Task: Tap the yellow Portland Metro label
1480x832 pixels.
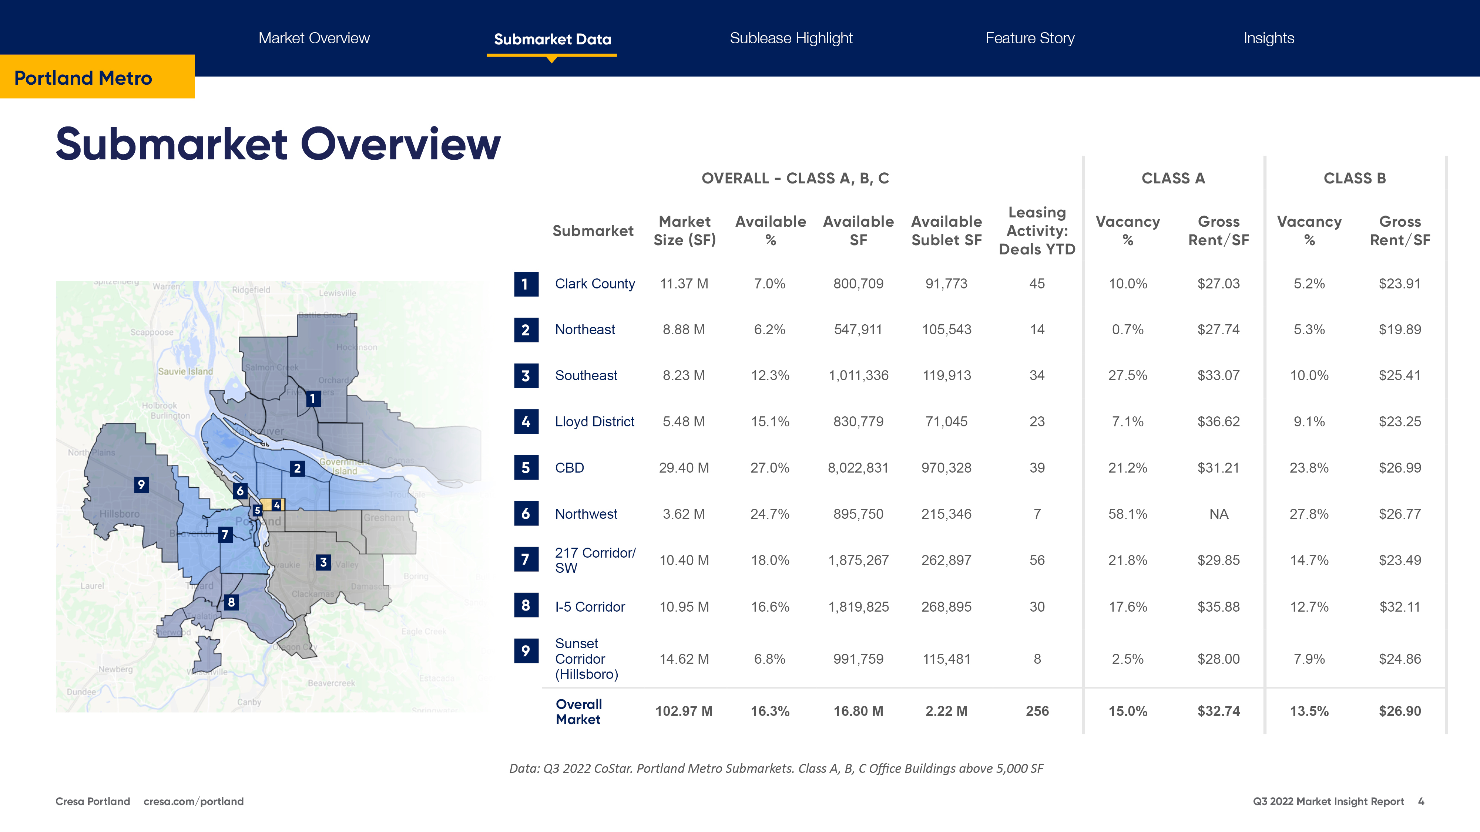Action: tap(83, 78)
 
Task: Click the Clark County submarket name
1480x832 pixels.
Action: tap(595, 284)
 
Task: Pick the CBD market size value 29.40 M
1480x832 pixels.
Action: tap(684, 468)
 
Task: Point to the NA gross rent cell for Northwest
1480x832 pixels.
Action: tap(1218, 514)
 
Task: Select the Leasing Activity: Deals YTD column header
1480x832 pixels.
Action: tap(1037, 231)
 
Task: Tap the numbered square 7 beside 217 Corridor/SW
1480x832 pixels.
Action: tap(526, 559)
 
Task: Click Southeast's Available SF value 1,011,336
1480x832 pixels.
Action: tap(858, 376)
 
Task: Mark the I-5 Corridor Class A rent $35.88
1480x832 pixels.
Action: tap(1218, 607)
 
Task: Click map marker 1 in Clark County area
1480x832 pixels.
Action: tap(313, 399)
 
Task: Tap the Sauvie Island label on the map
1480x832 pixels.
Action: tap(185, 372)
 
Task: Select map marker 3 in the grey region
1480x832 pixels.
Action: tap(323, 562)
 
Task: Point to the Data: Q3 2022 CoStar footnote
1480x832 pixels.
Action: tap(776, 768)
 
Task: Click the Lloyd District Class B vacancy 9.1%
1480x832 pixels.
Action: tap(1309, 422)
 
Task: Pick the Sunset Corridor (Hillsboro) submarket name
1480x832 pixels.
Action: tap(586, 659)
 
